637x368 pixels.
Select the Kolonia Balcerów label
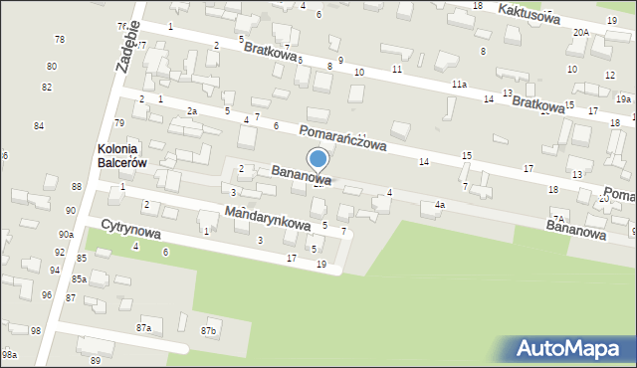[123, 156]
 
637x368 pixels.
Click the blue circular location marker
[318, 159]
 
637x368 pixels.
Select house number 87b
[209, 330]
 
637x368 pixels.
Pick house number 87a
[144, 327]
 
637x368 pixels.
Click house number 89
[96, 359]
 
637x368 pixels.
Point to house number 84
[39, 125]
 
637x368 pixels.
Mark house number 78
[60, 39]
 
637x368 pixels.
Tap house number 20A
[580, 32]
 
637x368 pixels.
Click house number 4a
[439, 205]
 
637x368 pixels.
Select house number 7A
[559, 218]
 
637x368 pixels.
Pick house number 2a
[192, 111]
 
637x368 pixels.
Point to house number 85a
[79, 279]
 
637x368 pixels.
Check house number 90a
[66, 234]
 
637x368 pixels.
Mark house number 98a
[9, 354]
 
